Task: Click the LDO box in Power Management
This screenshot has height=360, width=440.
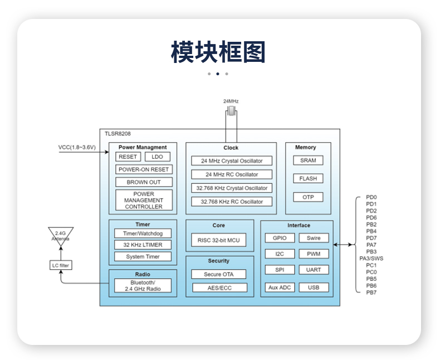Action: [157, 157]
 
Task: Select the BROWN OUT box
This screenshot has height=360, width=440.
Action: [144, 182]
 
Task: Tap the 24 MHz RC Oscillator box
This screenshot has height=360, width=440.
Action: [231, 174]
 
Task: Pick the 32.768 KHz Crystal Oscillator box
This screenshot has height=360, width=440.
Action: [231, 188]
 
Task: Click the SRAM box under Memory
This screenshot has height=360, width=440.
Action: [308, 160]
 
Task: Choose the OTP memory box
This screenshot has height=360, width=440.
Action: [308, 197]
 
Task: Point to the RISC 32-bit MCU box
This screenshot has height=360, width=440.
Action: [219, 240]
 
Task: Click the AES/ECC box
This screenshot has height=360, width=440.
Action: [219, 288]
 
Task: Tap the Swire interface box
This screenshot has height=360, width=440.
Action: [314, 238]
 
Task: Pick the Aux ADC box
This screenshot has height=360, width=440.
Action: [280, 288]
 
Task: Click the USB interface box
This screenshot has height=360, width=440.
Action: [314, 288]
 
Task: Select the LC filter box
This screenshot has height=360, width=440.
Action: [61, 265]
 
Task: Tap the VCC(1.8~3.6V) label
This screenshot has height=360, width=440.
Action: [77, 148]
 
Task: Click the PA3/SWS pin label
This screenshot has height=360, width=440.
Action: [371, 258]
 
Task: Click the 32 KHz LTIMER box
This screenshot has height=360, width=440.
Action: [143, 245]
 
